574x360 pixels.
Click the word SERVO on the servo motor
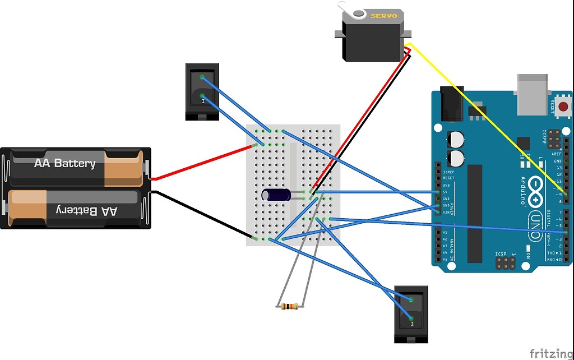(x=383, y=16)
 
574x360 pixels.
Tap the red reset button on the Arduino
(x=563, y=106)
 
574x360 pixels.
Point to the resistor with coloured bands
(x=289, y=306)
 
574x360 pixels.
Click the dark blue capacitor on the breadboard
(x=276, y=195)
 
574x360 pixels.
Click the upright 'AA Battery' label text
(x=64, y=164)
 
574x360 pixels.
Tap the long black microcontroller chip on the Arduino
(x=474, y=213)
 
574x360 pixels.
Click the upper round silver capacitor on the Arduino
(x=456, y=140)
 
